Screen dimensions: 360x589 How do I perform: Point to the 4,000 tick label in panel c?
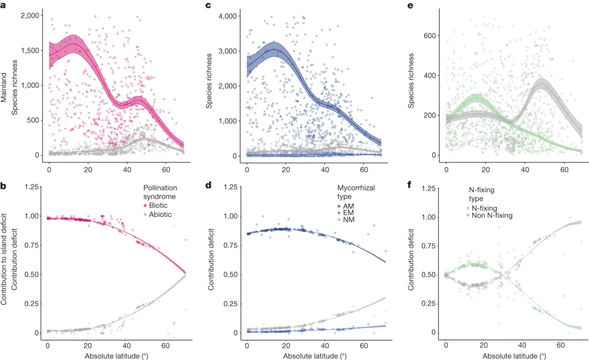[230, 16]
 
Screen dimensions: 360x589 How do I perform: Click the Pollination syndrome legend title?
[160, 192]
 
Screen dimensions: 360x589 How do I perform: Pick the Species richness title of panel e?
[411, 81]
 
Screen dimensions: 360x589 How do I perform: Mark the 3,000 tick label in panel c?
[230, 51]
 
